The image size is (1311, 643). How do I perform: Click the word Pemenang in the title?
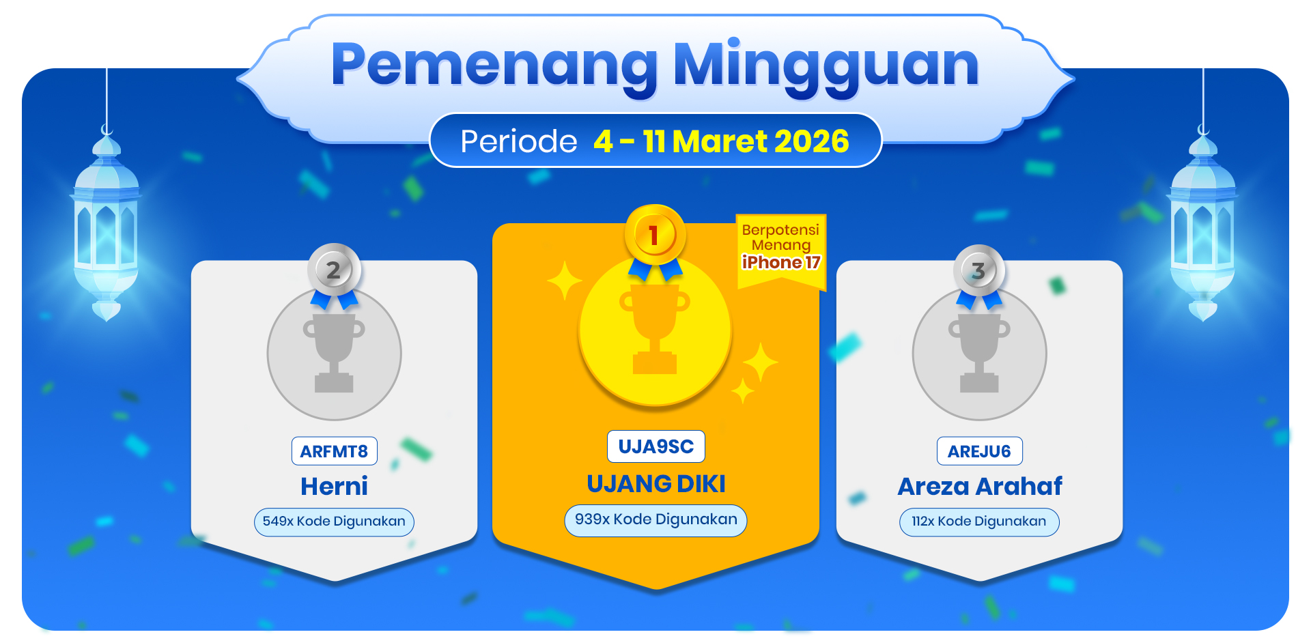click(x=494, y=67)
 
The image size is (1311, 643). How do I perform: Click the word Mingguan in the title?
click(x=826, y=67)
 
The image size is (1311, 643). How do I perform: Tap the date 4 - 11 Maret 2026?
click(x=721, y=141)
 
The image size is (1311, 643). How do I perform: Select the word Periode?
click(x=519, y=142)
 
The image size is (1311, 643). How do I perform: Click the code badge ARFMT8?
click(x=334, y=451)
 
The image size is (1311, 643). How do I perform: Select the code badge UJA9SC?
click(x=655, y=446)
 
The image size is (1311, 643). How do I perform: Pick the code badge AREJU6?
click(x=979, y=451)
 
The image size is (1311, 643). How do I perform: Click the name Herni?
click(x=334, y=486)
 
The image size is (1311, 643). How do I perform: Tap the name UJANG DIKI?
click(x=656, y=484)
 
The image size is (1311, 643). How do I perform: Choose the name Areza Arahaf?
click(x=980, y=486)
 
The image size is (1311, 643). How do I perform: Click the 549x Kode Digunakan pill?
click(x=334, y=521)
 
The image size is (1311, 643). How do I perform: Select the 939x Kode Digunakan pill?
click(x=655, y=520)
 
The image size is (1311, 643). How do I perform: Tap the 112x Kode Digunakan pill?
click(x=979, y=521)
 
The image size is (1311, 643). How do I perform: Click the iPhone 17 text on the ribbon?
click(x=781, y=263)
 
